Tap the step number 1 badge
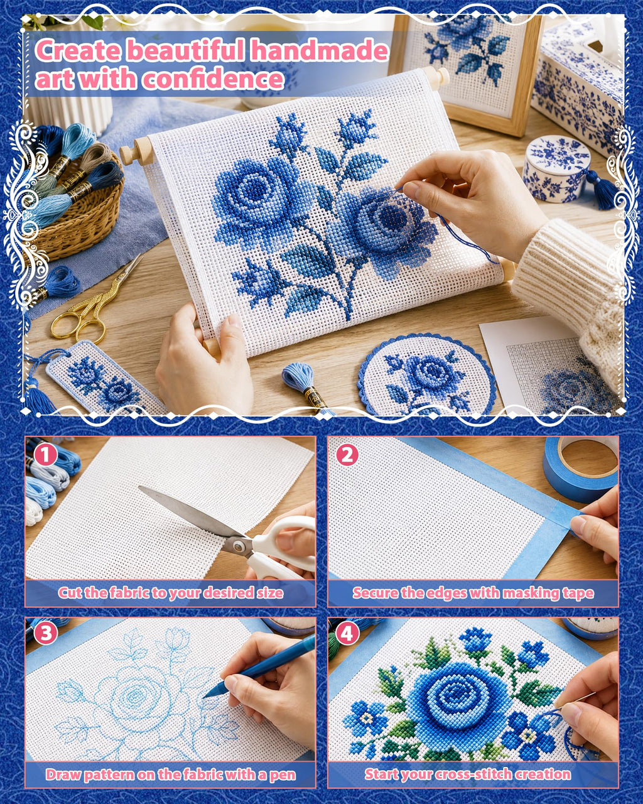[x=46, y=455]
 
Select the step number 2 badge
[x=347, y=455]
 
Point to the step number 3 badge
[x=46, y=633]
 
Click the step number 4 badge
[x=347, y=633]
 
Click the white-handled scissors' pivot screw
[x=237, y=546]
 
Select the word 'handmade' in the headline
[x=320, y=50]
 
